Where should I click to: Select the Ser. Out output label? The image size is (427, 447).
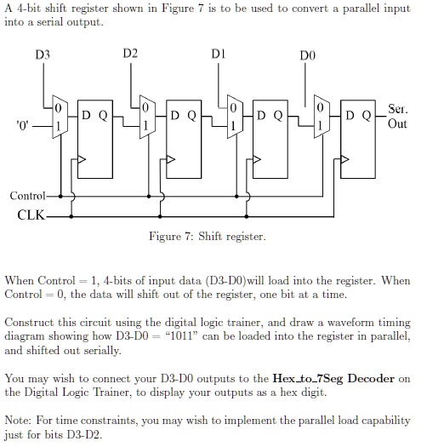click(x=397, y=117)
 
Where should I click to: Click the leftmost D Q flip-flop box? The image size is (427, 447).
click(x=93, y=140)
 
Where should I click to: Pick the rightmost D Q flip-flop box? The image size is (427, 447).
click(x=359, y=140)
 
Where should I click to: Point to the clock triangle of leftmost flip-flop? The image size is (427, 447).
click(x=82, y=158)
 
